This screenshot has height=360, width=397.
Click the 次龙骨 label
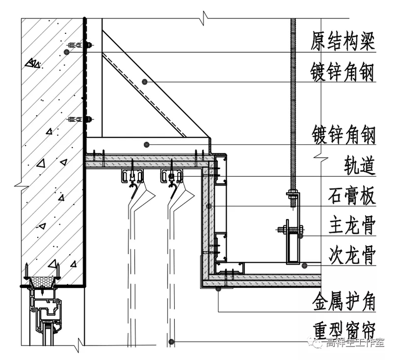click(x=351, y=257)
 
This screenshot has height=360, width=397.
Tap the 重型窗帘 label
click(x=343, y=330)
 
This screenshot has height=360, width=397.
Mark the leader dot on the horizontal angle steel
click(x=147, y=145)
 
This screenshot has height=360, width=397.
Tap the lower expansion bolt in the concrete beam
click(x=80, y=120)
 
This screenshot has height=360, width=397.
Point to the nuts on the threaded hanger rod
click(x=293, y=196)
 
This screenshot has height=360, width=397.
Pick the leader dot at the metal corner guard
click(x=219, y=288)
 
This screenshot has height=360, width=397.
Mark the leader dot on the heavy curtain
click(x=171, y=341)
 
